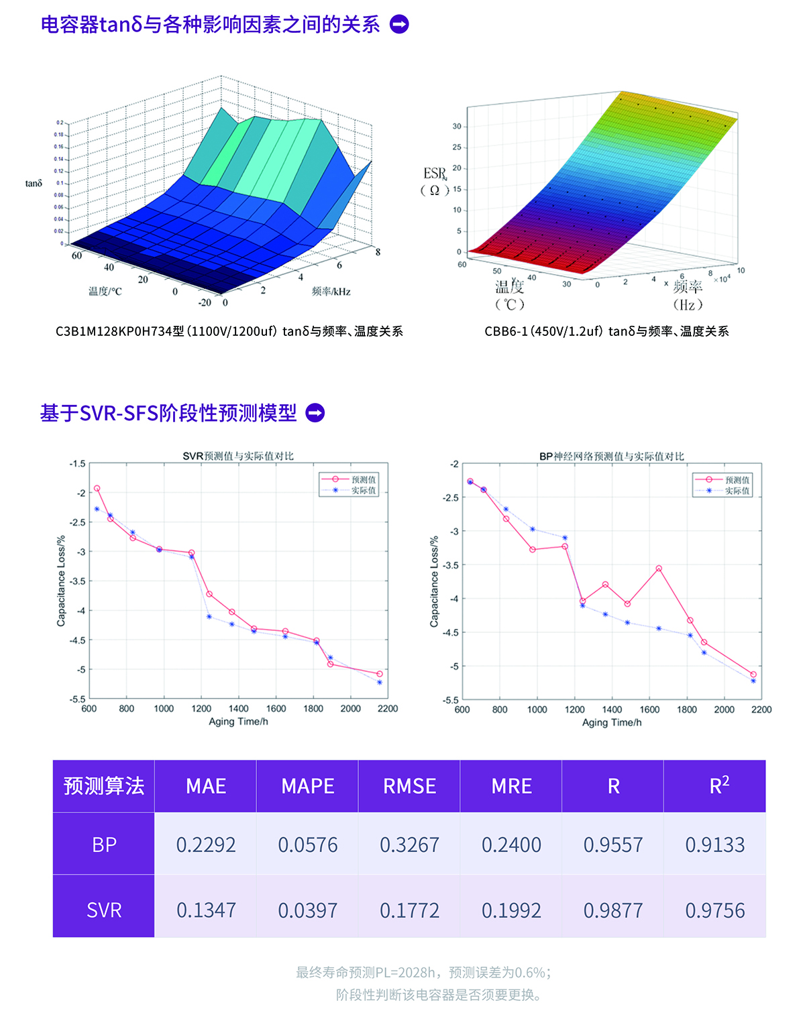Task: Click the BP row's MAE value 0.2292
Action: (206, 845)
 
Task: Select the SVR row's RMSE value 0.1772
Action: (409, 910)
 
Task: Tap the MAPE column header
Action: (308, 786)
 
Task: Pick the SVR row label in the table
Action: (104, 910)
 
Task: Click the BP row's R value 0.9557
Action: (613, 845)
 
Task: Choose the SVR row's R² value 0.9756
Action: (714, 910)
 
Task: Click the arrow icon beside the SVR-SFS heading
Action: (315, 413)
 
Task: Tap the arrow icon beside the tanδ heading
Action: (399, 25)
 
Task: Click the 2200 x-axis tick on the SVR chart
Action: (388, 709)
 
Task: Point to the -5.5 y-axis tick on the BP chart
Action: (450, 700)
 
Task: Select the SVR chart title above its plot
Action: (238, 456)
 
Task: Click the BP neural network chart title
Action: (612, 457)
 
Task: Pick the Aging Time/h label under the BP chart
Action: (612, 723)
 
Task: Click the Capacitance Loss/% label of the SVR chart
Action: (61, 581)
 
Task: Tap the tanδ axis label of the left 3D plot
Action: (34, 184)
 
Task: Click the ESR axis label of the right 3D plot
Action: (435, 175)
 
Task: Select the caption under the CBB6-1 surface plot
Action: (606, 331)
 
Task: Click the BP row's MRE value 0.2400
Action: (511, 845)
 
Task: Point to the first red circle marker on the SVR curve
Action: (97, 489)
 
